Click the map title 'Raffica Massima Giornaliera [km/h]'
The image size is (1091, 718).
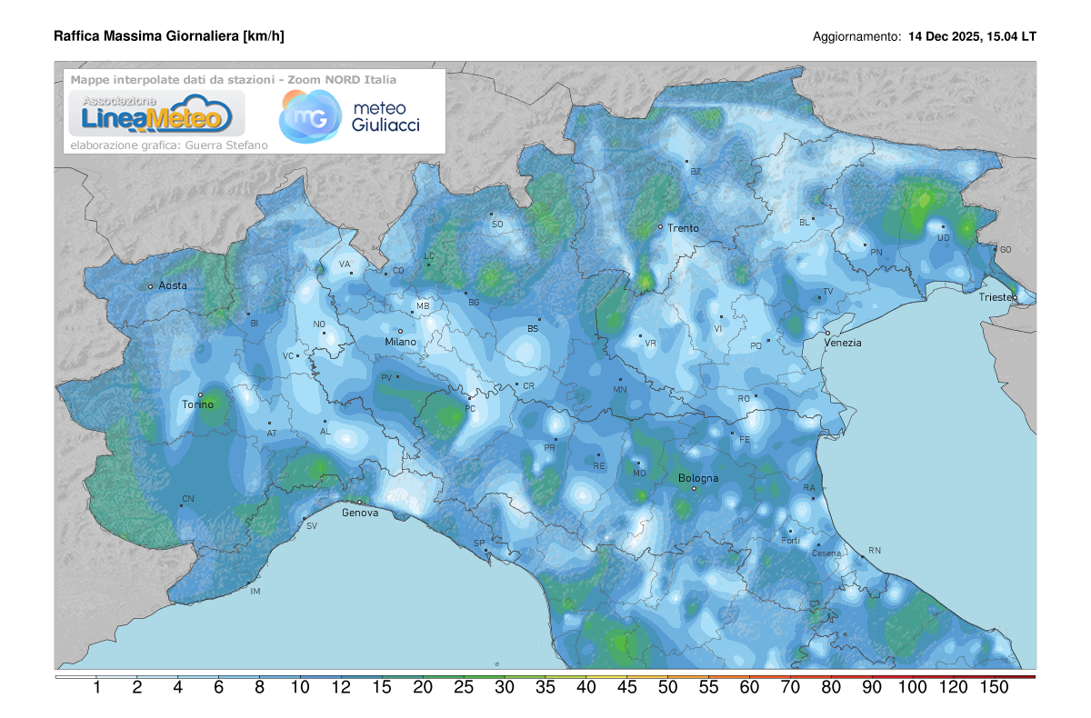point(169,36)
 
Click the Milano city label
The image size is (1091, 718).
point(400,342)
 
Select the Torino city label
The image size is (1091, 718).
point(198,404)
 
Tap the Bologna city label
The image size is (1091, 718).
point(698,478)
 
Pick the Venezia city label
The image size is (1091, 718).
point(843,343)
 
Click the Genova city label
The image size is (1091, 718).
point(360,513)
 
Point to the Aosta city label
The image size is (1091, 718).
point(173,285)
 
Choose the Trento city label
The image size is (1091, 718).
point(683,228)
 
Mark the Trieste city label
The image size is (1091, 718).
point(997,297)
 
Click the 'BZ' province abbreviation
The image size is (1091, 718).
point(696,171)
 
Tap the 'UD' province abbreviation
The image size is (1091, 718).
point(944,238)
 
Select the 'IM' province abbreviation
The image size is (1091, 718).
point(255,592)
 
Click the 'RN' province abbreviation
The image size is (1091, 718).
point(875,551)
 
